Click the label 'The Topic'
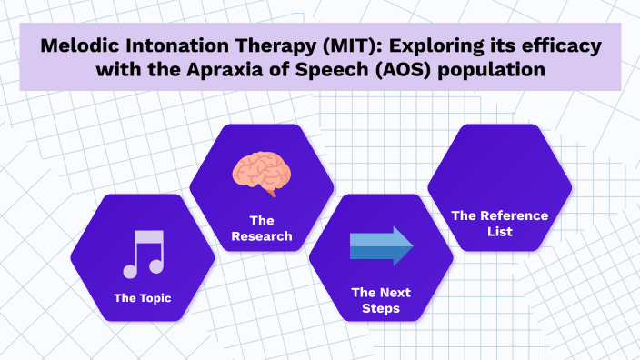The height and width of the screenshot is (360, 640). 142,297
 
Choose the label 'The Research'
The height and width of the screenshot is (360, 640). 261,228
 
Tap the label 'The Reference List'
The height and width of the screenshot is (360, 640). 499,224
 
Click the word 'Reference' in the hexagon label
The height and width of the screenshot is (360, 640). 514,215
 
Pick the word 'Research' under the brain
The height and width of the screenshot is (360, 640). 261,236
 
